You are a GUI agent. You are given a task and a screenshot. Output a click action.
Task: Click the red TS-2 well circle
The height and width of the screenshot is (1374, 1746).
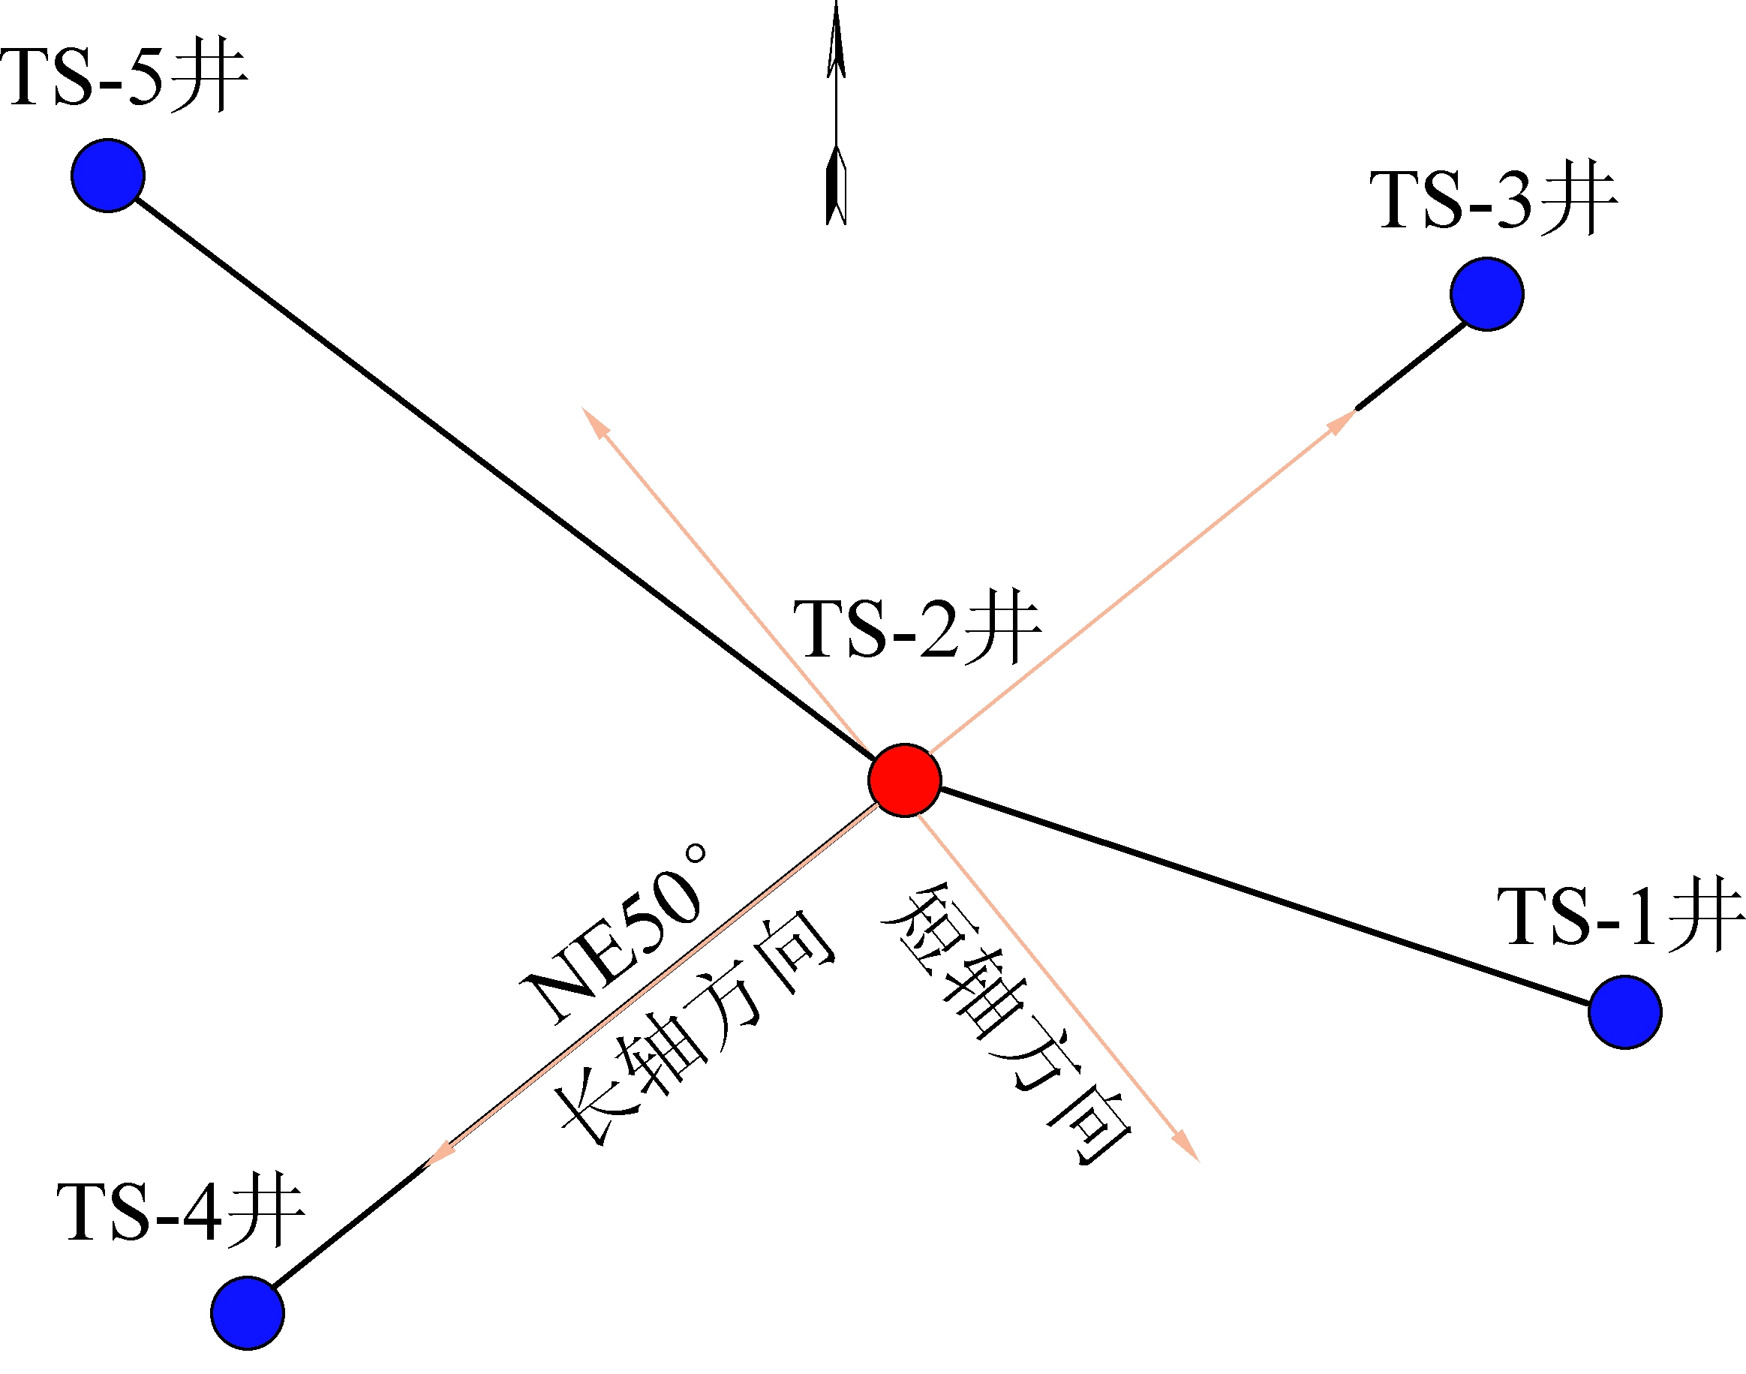point(904,780)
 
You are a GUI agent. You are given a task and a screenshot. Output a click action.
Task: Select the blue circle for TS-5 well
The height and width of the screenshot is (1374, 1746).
point(108,176)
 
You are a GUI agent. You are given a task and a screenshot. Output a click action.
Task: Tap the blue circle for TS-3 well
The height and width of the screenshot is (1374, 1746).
point(1487,293)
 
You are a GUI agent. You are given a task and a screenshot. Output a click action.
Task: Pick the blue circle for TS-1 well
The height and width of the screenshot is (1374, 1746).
point(1624,1012)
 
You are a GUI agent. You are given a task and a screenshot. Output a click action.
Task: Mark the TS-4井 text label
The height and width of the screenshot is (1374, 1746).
point(181,1213)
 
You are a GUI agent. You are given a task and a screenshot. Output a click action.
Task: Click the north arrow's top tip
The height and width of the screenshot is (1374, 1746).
point(837,7)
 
